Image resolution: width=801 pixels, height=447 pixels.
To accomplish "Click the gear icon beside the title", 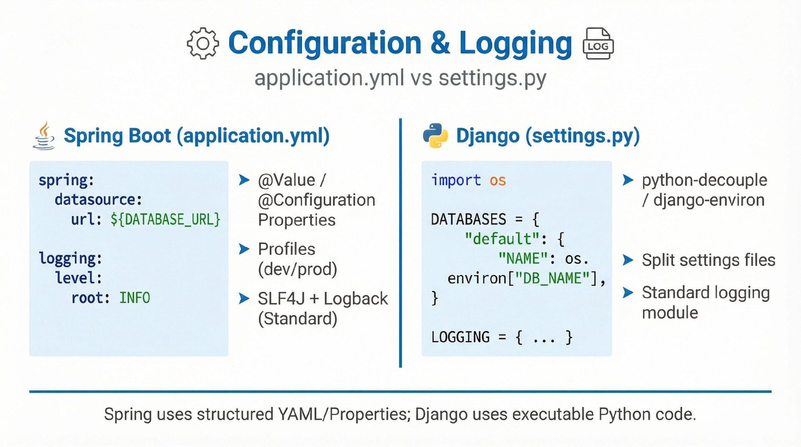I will (x=203, y=43).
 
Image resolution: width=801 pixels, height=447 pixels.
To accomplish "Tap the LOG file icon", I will (x=598, y=43).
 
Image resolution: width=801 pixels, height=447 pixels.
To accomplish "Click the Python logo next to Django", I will (x=435, y=136).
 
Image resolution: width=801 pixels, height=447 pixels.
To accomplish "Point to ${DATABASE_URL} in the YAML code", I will (x=165, y=219).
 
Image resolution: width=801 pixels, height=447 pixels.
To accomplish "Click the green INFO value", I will (x=134, y=298).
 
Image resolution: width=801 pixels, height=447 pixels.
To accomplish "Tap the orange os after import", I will (x=497, y=180).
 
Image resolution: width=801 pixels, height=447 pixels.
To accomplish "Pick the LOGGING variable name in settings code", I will (x=460, y=337).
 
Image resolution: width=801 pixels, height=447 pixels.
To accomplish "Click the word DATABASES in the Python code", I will (x=468, y=219).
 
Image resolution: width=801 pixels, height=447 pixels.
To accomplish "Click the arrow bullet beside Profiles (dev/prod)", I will (x=244, y=249).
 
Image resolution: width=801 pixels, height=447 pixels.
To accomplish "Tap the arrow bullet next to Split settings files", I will (x=628, y=260).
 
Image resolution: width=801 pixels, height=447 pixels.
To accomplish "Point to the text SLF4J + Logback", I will (x=322, y=299).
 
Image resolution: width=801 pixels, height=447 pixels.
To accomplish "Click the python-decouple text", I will (x=704, y=180).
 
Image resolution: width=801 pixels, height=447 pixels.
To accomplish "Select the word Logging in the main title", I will (x=515, y=43).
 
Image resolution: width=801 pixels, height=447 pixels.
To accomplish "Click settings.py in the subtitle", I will (x=492, y=78).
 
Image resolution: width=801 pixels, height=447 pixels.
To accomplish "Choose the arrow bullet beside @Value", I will (x=244, y=180).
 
